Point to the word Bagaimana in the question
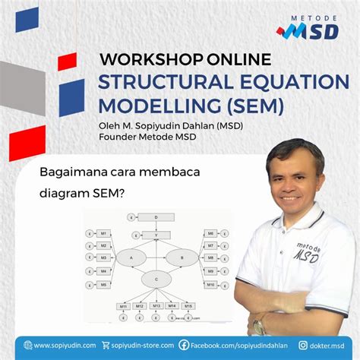pos(73,172)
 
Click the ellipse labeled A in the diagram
pos(131,257)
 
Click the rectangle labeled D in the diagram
pos(156,217)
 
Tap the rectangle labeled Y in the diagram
pos(156,235)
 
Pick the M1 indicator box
pos(103,233)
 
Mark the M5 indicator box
pos(103,285)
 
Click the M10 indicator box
pos(210,285)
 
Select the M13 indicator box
pos(156,305)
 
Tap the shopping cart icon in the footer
pos(106,345)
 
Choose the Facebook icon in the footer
pos(184,345)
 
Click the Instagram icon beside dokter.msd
pos(304,345)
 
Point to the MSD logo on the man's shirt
pos(308,251)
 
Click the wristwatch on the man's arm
pos(259,325)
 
